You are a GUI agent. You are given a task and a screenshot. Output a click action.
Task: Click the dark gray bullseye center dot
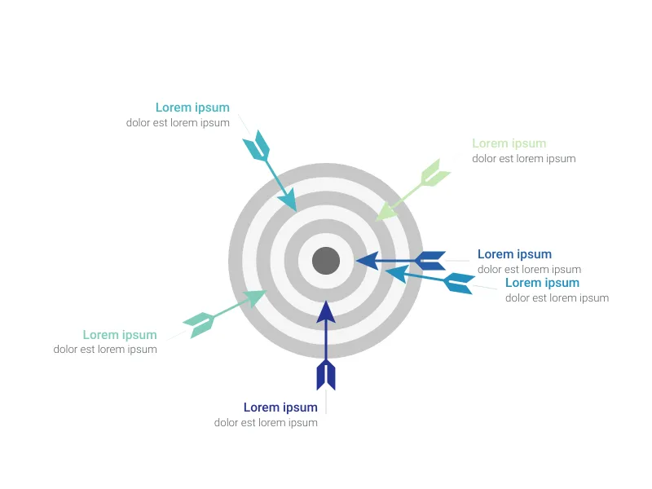[x=326, y=261]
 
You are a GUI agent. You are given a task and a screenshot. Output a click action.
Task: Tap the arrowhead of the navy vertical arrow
[x=326, y=312]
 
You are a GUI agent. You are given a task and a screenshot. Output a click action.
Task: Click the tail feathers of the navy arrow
[x=326, y=375]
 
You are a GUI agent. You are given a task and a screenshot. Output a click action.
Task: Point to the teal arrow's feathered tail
[x=257, y=145]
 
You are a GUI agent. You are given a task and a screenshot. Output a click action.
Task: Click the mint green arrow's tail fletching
[x=199, y=324]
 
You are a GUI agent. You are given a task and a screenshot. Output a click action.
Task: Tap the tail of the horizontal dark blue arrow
[x=430, y=261]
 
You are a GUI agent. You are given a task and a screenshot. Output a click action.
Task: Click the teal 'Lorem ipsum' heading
[x=192, y=108]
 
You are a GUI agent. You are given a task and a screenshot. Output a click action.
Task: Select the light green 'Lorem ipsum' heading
[x=509, y=143]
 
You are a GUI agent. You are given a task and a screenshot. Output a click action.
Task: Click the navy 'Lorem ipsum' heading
[x=280, y=407]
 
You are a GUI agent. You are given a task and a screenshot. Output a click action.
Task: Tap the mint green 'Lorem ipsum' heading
[x=120, y=335]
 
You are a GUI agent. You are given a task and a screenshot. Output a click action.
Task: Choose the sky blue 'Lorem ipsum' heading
[x=542, y=283]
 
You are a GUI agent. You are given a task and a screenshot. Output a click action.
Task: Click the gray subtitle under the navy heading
[x=266, y=423]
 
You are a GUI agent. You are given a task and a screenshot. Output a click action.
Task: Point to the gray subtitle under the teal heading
[x=178, y=123]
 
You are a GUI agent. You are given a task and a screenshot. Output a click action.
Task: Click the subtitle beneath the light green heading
[x=523, y=159]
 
